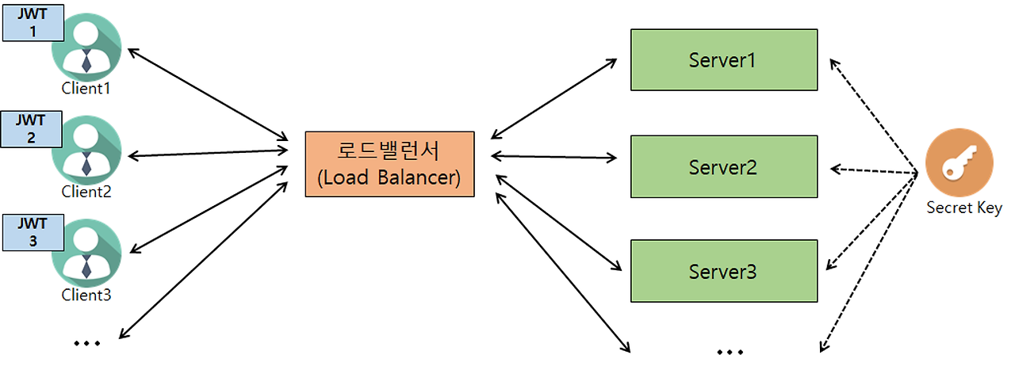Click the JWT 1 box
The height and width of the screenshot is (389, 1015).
pos(33,23)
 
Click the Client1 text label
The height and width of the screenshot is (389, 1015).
pos(86,89)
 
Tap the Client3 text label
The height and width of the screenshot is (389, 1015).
pos(86,296)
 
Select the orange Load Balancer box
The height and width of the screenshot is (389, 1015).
pos(389,164)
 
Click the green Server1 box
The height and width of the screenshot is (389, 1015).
pos(723,59)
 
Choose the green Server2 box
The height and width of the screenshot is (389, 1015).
pos(723,166)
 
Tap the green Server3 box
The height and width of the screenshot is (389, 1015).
pos(723,272)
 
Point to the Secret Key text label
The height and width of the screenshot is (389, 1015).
pos(963,208)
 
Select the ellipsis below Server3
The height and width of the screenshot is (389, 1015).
pos(730,350)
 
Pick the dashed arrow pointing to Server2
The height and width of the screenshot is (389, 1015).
pos(872,170)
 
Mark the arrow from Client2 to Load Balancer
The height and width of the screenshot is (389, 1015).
pos(208,151)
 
